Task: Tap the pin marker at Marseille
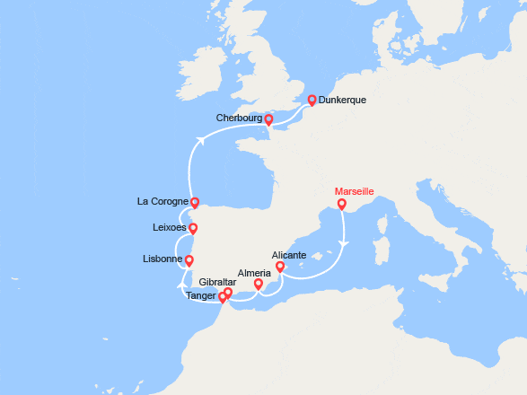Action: (341, 205)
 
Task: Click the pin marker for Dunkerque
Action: (312, 101)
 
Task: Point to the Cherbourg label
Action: (239, 118)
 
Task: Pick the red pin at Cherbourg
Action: (268, 119)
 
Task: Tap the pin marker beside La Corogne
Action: (195, 203)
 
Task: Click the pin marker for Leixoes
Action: (192, 229)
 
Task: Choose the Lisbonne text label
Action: (162, 260)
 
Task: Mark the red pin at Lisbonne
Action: (189, 261)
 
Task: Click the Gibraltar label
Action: (218, 281)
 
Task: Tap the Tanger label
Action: (200, 295)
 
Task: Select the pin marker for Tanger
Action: (223, 297)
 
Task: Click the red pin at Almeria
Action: (259, 285)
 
